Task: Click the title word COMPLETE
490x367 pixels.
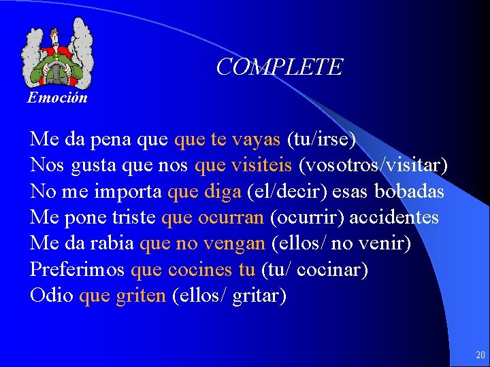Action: (279, 67)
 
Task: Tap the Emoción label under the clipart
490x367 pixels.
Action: (57, 98)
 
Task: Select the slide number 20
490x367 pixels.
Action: (480, 355)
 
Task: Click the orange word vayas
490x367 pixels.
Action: (256, 140)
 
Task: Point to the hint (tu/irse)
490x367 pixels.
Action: (321, 140)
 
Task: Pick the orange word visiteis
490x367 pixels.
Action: (261, 166)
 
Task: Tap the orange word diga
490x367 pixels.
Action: (222, 192)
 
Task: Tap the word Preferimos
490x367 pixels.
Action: (78, 270)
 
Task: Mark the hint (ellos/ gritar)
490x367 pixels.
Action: (229, 296)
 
